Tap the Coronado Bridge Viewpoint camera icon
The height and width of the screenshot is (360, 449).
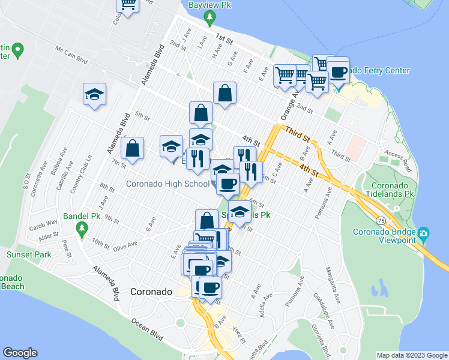coord(424,233)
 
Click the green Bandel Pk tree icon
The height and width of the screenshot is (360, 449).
coord(82,228)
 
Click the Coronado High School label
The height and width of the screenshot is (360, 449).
coord(167,184)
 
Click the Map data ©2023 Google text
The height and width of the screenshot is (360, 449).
coord(411,355)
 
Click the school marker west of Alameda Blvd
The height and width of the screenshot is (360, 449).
coord(95,94)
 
